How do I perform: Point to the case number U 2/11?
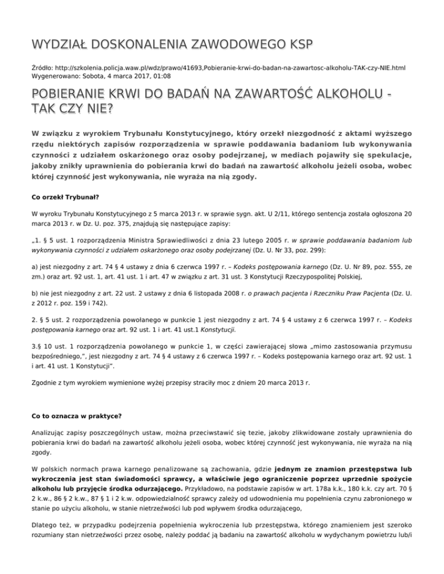pos(270,213)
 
